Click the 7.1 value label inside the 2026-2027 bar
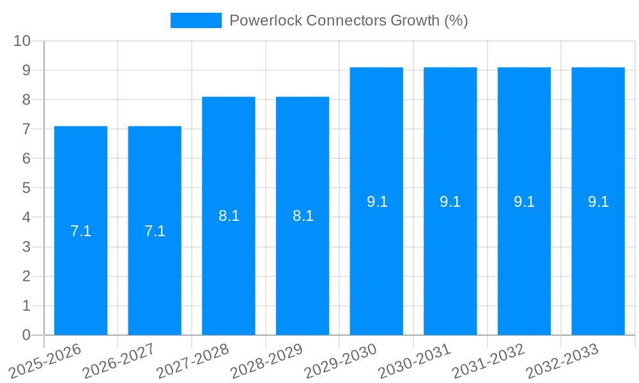(155, 231)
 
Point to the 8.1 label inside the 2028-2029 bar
(303, 216)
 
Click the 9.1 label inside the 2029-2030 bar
(377, 202)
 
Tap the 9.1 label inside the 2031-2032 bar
(524, 202)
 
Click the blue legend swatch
(196, 20)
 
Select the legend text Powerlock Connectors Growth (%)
(348, 20)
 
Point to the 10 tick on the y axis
(22, 41)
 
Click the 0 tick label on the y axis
(26, 335)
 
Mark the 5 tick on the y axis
(26, 188)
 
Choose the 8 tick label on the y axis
(26, 100)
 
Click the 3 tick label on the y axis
(26, 247)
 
